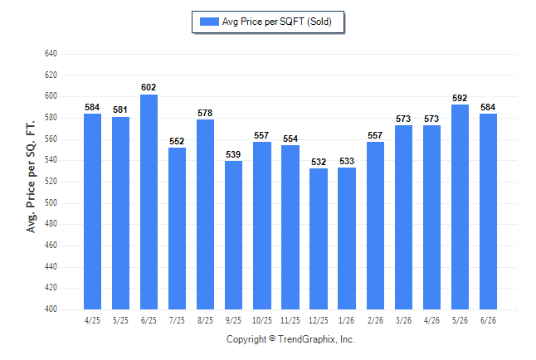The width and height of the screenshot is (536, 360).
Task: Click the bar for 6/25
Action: pos(149,202)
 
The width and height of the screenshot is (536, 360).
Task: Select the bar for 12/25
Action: pos(319,239)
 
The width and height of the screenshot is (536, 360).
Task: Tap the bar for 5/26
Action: pos(460,207)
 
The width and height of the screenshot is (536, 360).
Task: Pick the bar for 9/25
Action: pos(233,235)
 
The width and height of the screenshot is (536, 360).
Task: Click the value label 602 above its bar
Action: pos(149,88)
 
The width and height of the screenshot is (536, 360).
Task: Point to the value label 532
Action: pos(319,162)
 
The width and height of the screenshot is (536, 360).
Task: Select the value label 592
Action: pos(460,98)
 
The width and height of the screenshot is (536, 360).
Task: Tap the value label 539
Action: pos(233,154)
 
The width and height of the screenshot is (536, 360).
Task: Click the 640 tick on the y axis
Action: pos(51,54)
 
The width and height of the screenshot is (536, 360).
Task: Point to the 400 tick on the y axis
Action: pos(51,309)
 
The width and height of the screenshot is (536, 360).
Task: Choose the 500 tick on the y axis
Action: pos(51,202)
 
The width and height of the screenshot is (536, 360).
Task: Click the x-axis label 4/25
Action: pos(92,320)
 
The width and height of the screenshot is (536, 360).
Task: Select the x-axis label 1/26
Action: pos(346,320)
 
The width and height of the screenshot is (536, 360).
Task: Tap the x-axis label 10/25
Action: pos(262,320)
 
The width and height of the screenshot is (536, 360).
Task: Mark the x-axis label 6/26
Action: pos(488,320)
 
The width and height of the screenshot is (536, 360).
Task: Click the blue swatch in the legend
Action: pos(209,22)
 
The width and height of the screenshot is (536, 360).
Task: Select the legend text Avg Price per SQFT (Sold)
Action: pos(276,22)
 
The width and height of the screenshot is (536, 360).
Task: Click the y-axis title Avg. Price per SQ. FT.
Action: pos(31,177)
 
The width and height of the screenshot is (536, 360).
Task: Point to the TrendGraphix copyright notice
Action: pos(290,339)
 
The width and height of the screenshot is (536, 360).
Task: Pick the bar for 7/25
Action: pos(177,228)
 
